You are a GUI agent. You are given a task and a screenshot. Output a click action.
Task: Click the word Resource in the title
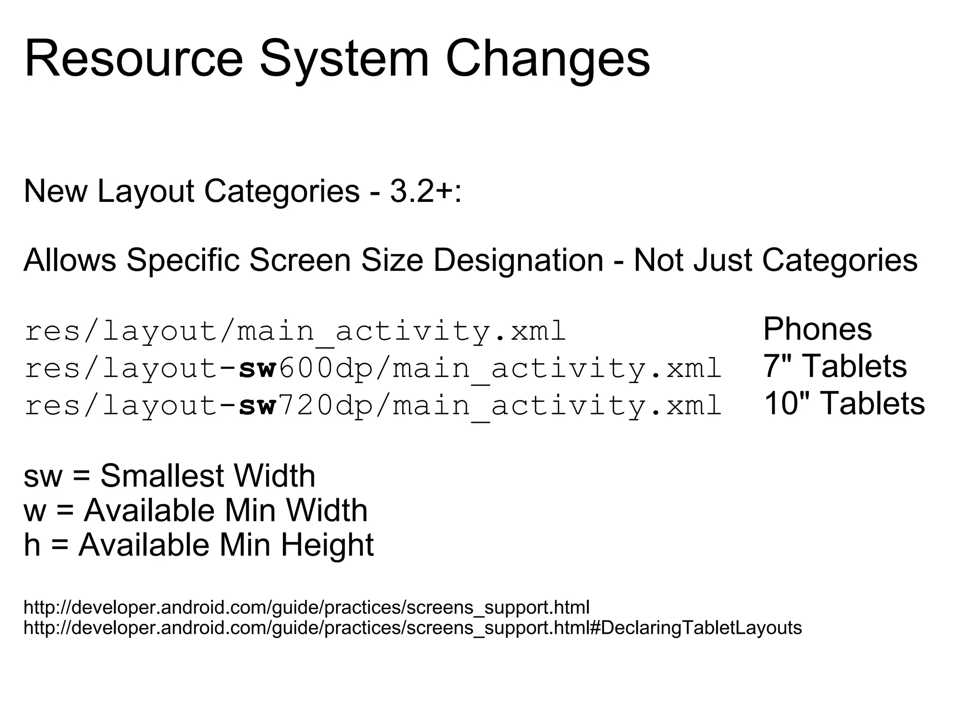134,59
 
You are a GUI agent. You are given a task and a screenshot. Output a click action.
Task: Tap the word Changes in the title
548,59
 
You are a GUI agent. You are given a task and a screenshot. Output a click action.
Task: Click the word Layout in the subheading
146,192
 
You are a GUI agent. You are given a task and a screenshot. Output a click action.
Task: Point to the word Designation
518,260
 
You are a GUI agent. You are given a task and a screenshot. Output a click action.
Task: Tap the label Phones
817,329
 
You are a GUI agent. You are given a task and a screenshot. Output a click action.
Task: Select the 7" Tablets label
835,366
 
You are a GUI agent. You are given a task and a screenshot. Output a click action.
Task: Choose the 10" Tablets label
844,404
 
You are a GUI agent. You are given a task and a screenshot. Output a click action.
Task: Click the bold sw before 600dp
257,368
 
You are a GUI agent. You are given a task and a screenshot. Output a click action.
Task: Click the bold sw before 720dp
257,406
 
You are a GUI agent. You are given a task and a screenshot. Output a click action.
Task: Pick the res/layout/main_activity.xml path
295,331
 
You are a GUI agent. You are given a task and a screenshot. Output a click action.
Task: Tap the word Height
327,545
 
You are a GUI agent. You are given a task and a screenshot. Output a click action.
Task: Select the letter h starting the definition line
32,545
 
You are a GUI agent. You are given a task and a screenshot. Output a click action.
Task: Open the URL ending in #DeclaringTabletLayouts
412,628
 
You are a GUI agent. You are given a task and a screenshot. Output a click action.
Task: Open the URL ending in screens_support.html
306,607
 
